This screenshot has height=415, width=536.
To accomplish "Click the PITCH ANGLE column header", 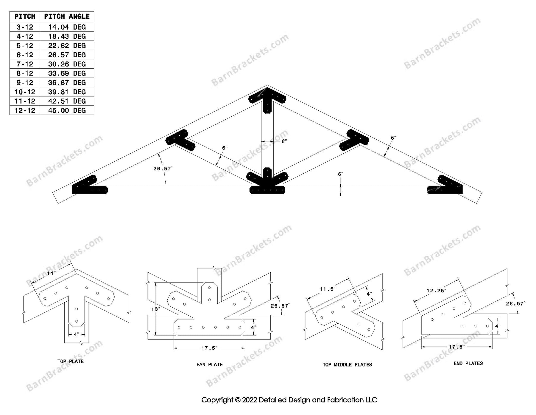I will (x=67, y=16).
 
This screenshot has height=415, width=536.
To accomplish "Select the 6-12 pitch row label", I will (x=25, y=55).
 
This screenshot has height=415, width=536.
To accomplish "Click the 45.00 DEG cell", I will (x=67, y=110).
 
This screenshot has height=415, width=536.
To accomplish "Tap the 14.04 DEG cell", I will (x=67, y=27).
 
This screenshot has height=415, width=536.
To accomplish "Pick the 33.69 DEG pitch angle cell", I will (x=67, y=73).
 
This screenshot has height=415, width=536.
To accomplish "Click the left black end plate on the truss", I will (x=88, y=186).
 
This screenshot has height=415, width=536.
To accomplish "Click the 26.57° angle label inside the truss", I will (x=163, y=169).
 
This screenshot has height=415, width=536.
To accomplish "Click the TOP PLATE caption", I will (x=71, y=361).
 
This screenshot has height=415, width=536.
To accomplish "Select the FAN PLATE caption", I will (x=210, y=364).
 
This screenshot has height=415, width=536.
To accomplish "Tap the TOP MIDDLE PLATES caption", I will (x=347, y=365).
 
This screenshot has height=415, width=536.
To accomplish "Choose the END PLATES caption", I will (x=468, y=363).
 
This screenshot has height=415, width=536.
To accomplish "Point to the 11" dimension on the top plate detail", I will (x=51, y=273).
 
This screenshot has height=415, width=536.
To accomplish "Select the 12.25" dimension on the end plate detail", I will (x=436, y=290).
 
